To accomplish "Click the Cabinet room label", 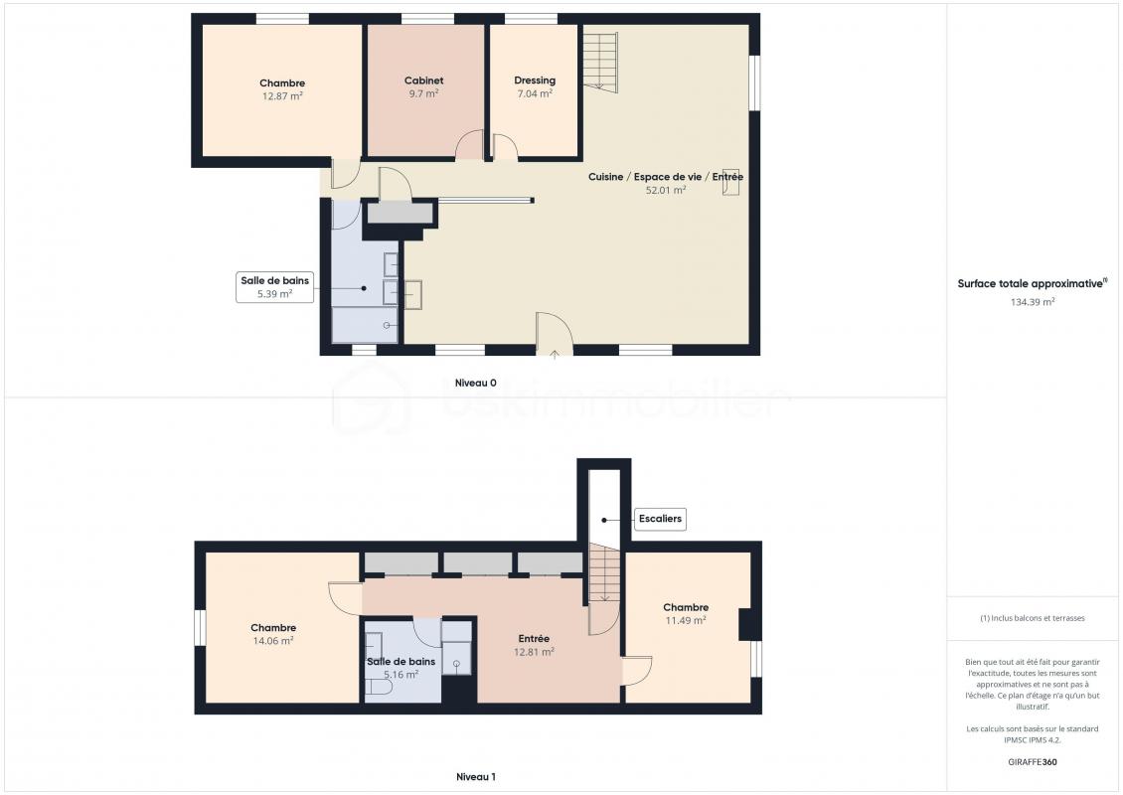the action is [x=423, y=80].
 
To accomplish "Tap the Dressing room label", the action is [x=535, y=80].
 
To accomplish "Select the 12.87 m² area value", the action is [x=282, y=96].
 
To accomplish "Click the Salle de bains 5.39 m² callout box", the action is [x=275, y=286].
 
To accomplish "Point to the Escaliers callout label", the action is [x=660, y=519].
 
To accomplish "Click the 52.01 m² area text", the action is [x=666, y=190].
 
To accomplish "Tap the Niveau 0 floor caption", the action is [x=476, y=384].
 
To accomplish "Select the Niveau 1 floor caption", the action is [x=476, y=776].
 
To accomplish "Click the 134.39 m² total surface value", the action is [x=1032, y=302].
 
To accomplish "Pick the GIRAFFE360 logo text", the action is [x=1032, y=762].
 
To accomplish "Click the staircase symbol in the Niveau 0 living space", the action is [x=600, y=62].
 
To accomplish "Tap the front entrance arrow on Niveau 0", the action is [x=555, y=353].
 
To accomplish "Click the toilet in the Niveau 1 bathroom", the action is [x=379, y=689].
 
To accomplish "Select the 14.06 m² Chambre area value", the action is [x=273, y=641].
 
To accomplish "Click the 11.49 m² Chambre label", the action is [x=686, y=614].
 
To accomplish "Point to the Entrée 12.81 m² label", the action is [x=534, y=645].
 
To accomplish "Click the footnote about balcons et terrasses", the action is [x=1032, y=618].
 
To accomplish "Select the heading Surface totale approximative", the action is [x=1032, y=283].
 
